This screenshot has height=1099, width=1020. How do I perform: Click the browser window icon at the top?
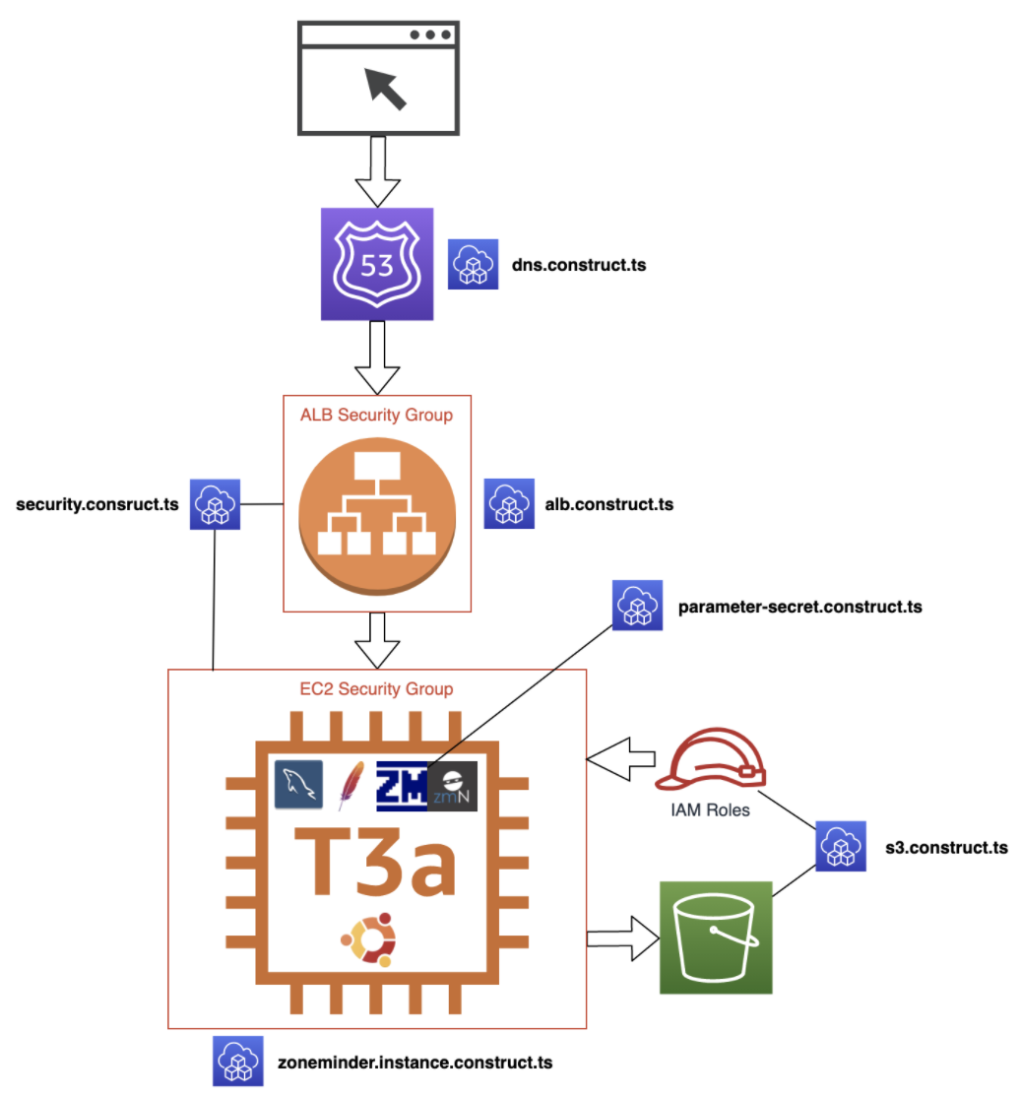pyautogui.click(x=378, y=79)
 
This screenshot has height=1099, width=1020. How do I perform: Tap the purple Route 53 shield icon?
pyautogui.click(x=377, y=264)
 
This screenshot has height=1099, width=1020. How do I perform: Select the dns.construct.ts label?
pyautogui.click(x=578, y=265)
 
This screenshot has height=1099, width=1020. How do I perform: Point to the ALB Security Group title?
pyautogui.click(x=377, y=415)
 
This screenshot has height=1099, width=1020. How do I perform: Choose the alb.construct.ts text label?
pyautogui.click(x=608, y=504)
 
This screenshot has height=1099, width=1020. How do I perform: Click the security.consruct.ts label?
pyautogui.click(x=97, y=504)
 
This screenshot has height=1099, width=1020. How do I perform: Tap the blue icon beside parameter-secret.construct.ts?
pyautogui.click(x=637, y=606)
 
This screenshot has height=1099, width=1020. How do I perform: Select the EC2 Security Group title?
pyautogui.click(x=377, y=688)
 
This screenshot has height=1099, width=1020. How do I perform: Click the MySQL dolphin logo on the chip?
pyautogui.click(x=298, y=785)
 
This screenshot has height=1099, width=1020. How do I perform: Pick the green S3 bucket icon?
pyautogui.click(x=716, y=937)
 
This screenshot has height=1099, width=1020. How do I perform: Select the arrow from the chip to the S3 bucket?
pyautogui.click(x=622, y=937)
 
